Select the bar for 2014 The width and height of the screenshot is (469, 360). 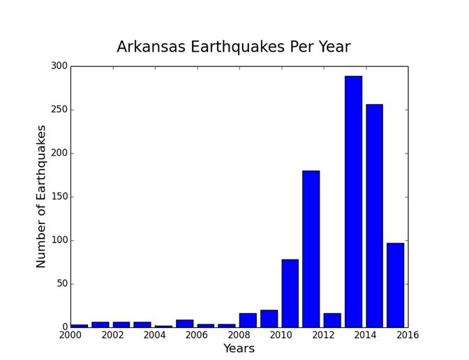[x=374, y=216]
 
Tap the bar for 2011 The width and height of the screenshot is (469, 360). [x=311, y=248]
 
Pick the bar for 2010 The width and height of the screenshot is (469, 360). [x=290, y=293]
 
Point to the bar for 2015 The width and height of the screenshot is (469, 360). [x=395, y=285]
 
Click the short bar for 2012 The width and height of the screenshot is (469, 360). [x=332, y=320]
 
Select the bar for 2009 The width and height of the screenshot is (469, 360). [x=269, y=318]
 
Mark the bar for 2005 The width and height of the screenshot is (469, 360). [x=184, y=323]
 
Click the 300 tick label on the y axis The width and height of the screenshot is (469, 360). [x=59, y=66]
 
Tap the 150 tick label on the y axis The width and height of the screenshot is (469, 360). [x=59, y=197]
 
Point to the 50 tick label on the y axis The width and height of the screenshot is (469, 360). [x=61, y=284]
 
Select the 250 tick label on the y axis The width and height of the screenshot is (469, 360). [x=59, y=110]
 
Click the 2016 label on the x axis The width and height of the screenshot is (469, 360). [x=408, y=336]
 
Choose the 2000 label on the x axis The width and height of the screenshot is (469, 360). [x=70, y=336]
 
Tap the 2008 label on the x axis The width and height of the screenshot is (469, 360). [x=239, y=336]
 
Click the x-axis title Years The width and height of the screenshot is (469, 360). [x=239, y=348]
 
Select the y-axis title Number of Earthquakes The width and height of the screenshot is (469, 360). [x=41, y=196]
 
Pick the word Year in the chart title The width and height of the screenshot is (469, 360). [x=333, y=47]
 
